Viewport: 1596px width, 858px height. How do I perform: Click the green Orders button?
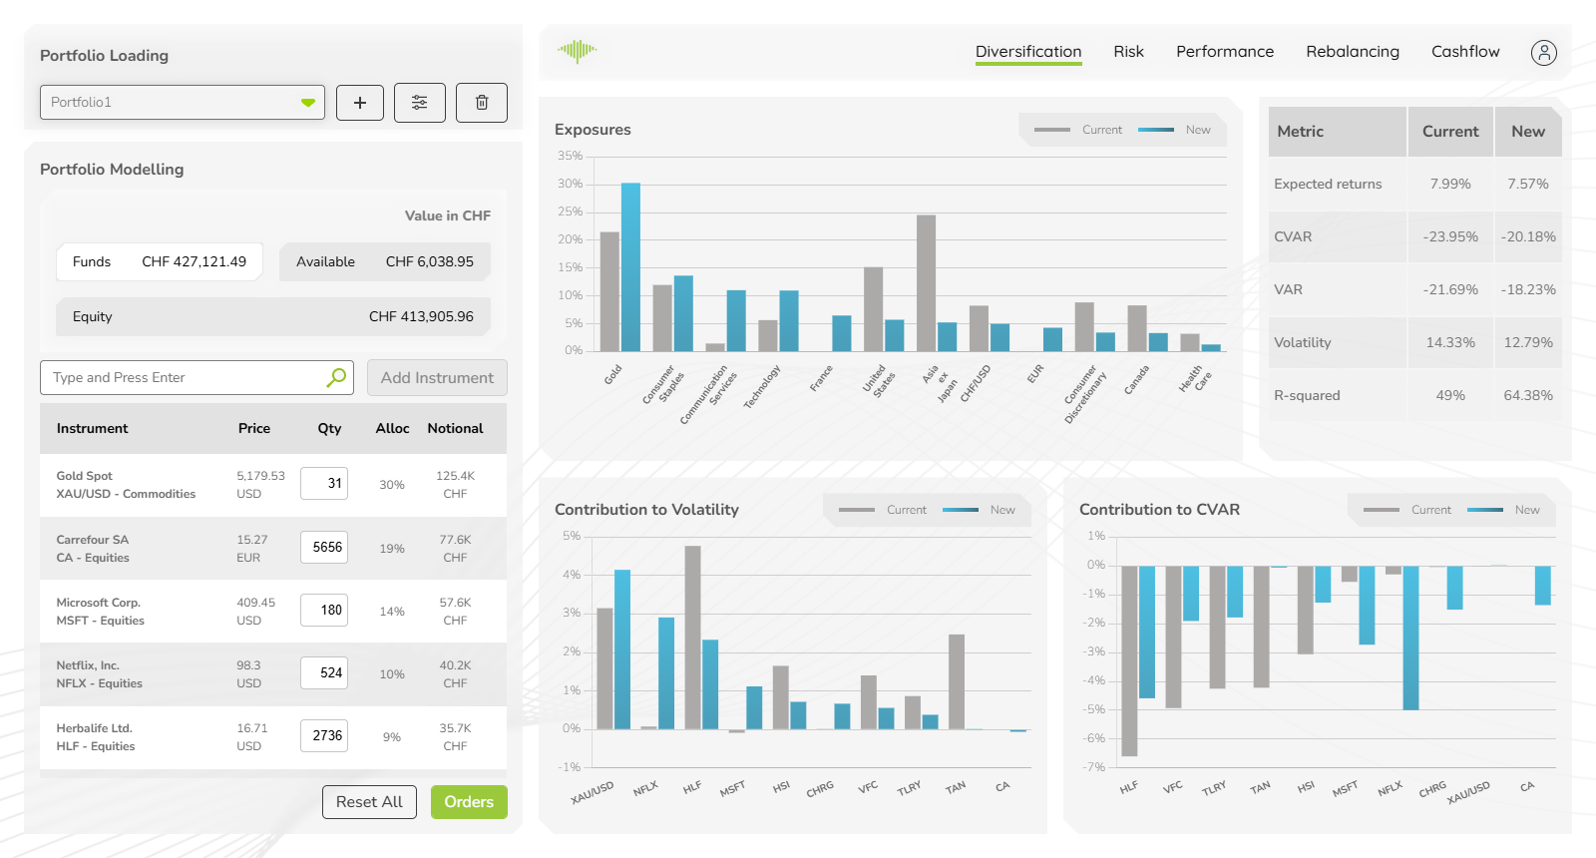pyautogui.click(x=469, y=802)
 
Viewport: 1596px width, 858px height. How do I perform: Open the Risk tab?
pyautogui.click(x=1128, y=52)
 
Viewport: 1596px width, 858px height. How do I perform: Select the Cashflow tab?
pyautogui.click(x=1464, y=52)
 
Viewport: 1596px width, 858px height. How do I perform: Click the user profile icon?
pyautogui.click(x=1543, y=53)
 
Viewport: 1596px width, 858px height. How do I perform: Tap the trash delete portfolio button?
pyautogui.click(x=482, y=103)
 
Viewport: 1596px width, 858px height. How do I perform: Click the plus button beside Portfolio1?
pyautogui.click(x=360, y=103)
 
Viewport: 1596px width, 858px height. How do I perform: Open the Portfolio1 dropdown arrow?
pyautogui.click(x=308, y=103)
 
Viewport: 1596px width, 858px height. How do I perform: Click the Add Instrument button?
pyautogui.click(x=437, y=378)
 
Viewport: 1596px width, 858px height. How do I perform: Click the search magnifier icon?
pyautogui.click(x=336, y=377)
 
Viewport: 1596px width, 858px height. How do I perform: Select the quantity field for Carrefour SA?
pyautogui.click(x=324, y=548)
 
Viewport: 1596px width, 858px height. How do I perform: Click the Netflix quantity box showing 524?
pyautogui.click(x=324, y=673)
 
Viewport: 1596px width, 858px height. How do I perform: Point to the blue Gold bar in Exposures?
pyautogui.click(x=630, y=266)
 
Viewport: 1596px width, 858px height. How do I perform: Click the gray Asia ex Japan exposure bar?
pyautogui.click(x=926, y=282)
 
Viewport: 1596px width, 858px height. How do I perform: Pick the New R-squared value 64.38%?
pyautogui.click(x=1527, y=396)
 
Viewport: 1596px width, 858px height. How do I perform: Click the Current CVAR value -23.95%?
pyautogui.click(x=1449, y=237)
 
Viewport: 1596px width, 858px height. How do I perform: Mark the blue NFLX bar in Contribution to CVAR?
pyautogui.click(x=1410, y=638)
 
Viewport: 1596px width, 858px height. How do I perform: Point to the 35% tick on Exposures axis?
pyautogui.click(x=570, y=157)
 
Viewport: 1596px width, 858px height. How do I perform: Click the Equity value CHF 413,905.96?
pyautogui.click(x=421, y=317)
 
